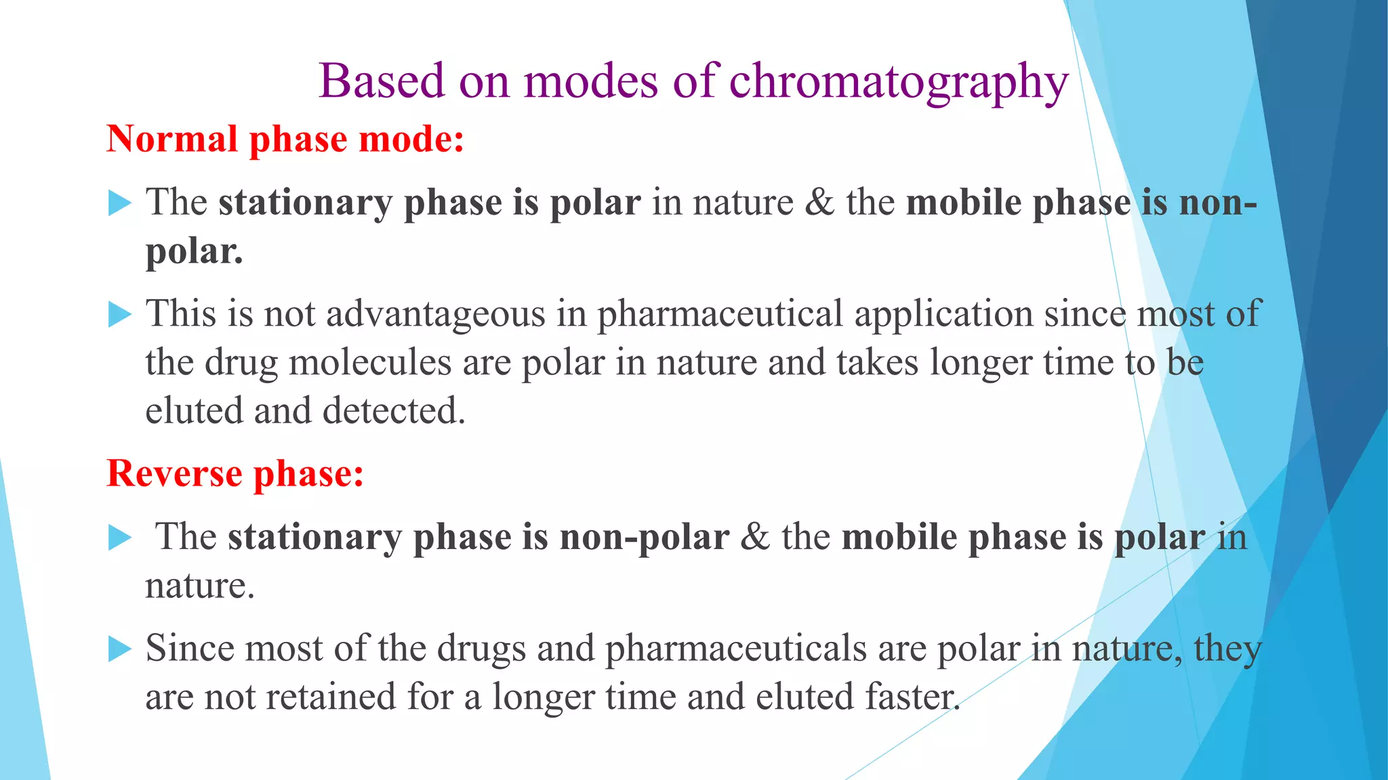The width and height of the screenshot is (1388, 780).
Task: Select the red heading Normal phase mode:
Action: coord(285,139)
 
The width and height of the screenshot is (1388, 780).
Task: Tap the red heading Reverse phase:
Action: coord(235,473)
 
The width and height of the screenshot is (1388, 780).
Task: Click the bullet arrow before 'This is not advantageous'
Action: coord(119,315)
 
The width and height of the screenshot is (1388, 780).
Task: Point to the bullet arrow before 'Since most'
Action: coord(119,649)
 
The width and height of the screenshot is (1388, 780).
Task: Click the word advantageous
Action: coord(435,315)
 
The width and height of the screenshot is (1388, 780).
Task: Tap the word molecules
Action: coord(370,363)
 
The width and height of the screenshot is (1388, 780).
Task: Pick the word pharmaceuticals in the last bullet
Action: coord(735,649)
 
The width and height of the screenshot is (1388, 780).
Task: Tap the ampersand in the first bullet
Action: coord(820,203)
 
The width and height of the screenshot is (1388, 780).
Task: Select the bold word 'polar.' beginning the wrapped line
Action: coord(194,252)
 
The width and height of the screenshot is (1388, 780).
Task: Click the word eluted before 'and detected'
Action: coord(194,412)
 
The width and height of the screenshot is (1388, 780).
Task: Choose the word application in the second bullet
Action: coord(943,315)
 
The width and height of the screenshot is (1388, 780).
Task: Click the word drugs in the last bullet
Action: coord(481,649)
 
